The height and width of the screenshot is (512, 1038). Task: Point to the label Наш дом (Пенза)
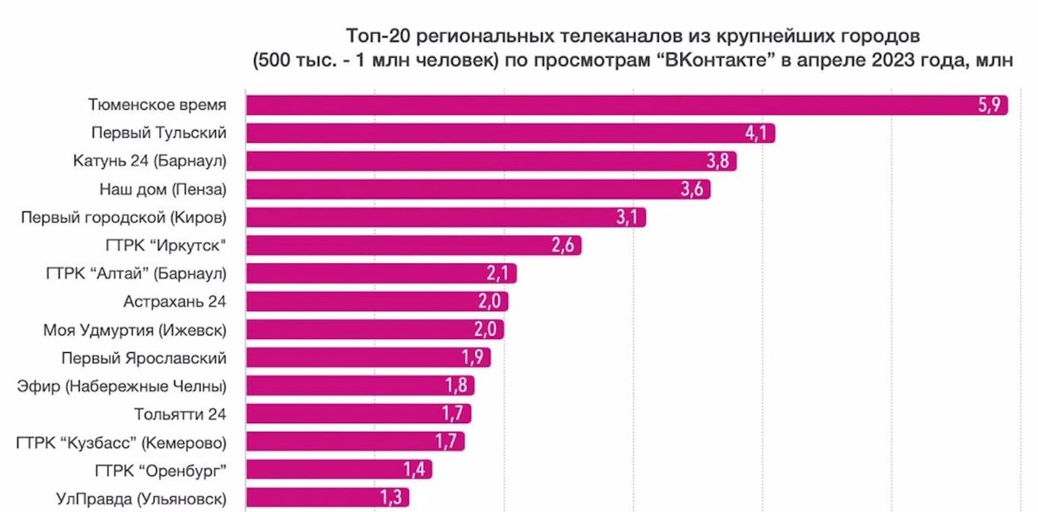pos(163,189)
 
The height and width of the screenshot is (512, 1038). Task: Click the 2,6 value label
pos(565,246)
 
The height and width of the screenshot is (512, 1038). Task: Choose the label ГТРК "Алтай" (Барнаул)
pos(136,273)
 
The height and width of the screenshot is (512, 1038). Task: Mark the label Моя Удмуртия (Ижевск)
pos(135,330)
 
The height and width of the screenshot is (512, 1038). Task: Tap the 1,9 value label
pos(474,358)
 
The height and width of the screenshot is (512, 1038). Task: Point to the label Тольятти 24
pos(180,414)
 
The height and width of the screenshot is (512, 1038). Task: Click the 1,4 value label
pos(416,469)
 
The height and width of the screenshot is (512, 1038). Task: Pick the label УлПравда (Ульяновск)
pos(141,498)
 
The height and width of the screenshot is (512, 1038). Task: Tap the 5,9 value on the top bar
pos(992,105)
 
